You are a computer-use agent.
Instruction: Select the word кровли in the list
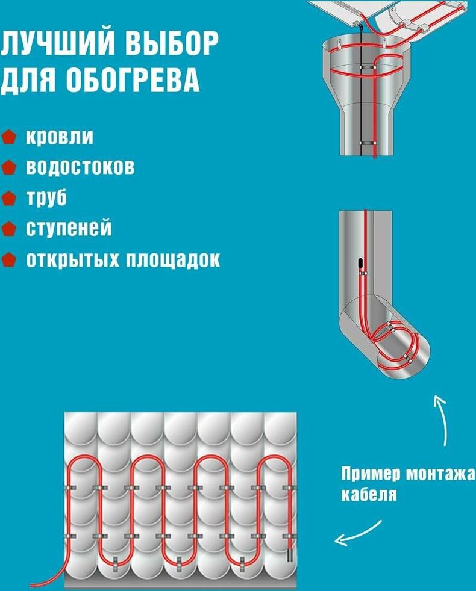coord(59,137)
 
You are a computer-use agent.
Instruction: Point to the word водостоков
coord(80,167)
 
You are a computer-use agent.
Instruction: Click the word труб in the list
coord(46,198)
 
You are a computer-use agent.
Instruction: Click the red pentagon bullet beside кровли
coord(8,137)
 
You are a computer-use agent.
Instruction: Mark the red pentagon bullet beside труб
coord(8,198)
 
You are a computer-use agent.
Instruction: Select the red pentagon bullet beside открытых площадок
coord(8,259)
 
